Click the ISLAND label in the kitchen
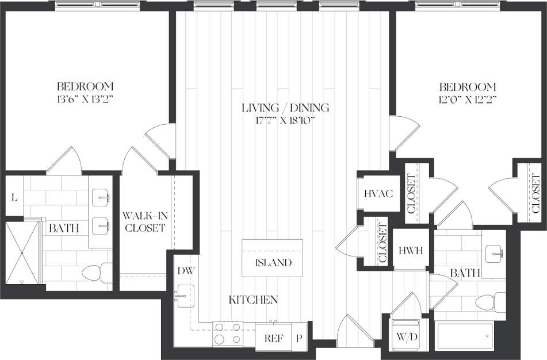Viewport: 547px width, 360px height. point(273,263)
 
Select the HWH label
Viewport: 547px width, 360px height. point(411,251)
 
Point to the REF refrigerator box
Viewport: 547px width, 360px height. point(273,338)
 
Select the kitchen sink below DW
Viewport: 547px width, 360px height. point(185,296)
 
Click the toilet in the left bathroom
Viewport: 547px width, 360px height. point(95,273)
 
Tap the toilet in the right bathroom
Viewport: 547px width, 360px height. point(489,301)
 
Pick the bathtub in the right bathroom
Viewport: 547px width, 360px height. point(465,335)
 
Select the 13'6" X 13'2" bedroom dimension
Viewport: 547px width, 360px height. point(85,98)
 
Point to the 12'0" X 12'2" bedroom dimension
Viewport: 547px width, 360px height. point(468,98)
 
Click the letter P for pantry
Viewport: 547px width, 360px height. point(299,338)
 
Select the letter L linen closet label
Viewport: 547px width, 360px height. point(14,197)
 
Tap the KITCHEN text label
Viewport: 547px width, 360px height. point(254,300)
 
